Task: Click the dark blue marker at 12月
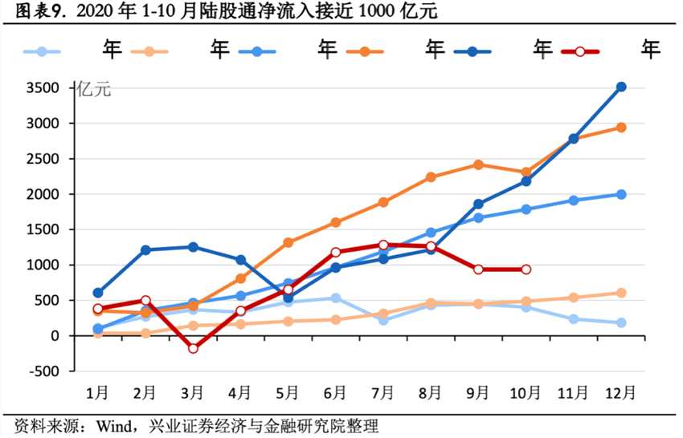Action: point(621,87)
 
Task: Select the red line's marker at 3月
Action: point(193,348)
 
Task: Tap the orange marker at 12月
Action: point(621,127)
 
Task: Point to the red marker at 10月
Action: point(526,270)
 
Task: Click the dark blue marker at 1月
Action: point(98,293)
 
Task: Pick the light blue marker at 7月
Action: point(383,320)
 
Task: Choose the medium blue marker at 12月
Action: point(621,194)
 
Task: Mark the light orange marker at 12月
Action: point(621,293)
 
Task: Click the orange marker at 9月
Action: point(478,164)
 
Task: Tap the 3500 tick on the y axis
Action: point(55,88)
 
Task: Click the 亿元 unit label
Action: point(94,90)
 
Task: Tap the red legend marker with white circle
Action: point(579,51)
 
